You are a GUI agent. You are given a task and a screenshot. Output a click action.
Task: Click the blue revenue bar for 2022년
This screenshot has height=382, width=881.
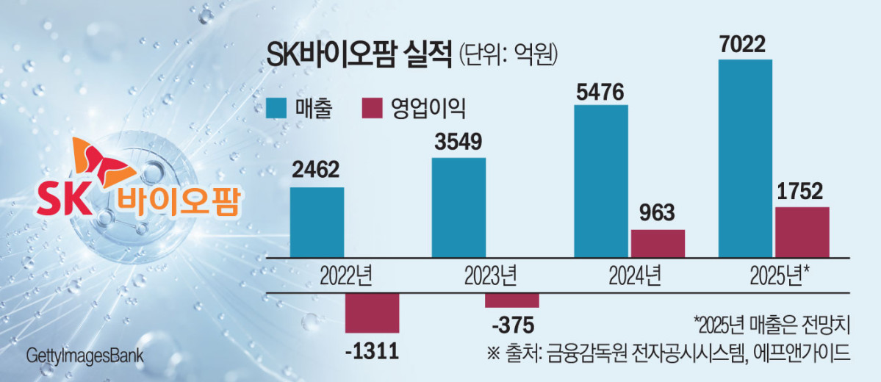click(317, 221)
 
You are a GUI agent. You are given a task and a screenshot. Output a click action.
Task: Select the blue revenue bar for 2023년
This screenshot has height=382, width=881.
click(459, 206)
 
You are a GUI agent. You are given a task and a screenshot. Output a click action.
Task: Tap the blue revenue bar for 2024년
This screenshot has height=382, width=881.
click(600, 180)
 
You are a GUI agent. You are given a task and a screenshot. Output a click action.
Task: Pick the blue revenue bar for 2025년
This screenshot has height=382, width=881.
click(744, 157)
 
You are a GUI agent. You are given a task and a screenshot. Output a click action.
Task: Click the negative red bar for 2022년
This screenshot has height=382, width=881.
click(372, 312)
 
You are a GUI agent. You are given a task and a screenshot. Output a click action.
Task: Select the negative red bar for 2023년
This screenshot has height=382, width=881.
click(512, 300)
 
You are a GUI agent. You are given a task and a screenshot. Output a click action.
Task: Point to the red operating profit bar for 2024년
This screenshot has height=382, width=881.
click(658, 242)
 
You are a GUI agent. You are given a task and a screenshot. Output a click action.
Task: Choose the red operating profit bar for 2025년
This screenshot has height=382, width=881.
click(802, 231)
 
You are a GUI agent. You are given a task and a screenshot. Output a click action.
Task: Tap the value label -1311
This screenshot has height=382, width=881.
click(371, 351)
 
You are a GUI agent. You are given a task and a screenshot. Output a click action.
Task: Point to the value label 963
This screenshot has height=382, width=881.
click(658, 214)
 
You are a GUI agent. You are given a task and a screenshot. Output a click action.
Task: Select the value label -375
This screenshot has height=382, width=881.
click(512, 324)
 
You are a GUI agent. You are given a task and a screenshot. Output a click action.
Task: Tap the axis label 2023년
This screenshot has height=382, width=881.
click(487, 277)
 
